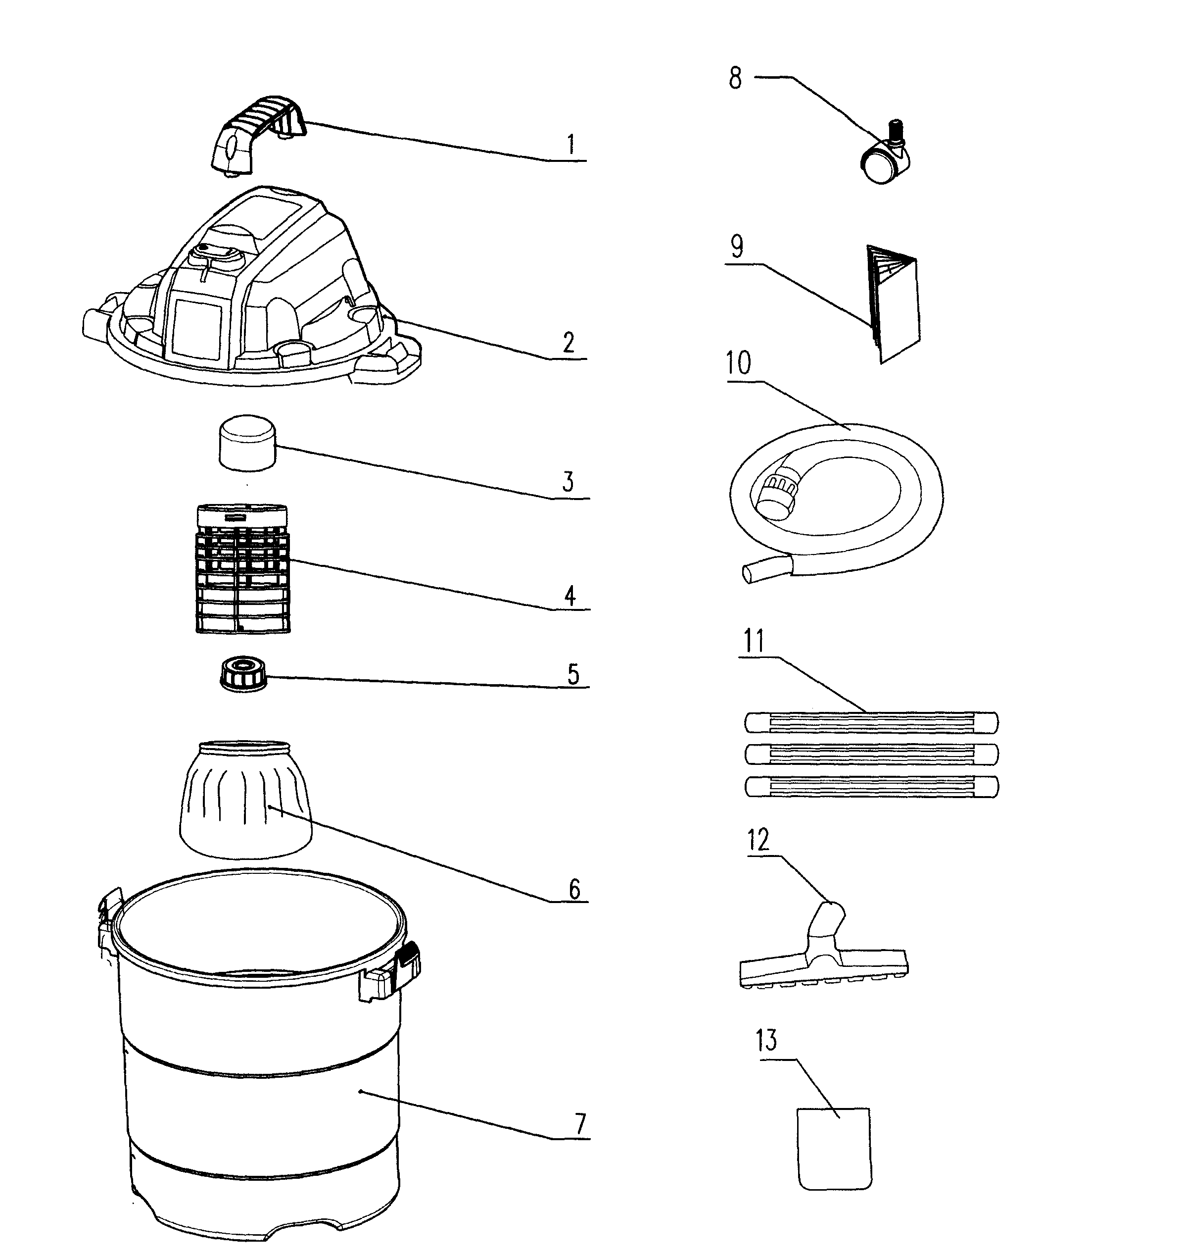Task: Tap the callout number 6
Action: tap(574, 889)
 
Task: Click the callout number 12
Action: tap(758, 840)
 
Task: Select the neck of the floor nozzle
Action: tap(829, 921)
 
